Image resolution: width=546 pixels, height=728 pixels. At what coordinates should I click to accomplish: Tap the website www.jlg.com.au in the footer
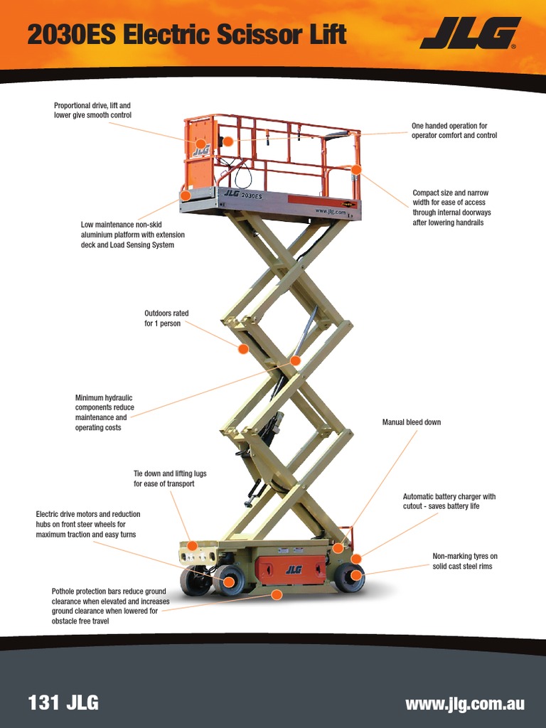click(464, 704)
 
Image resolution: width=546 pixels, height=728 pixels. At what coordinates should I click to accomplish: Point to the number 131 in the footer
click(43, 704)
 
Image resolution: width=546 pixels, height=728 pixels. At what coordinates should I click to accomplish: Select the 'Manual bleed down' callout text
click(411, 422)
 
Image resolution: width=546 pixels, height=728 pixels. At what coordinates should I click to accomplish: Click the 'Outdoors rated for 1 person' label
click(166, 318)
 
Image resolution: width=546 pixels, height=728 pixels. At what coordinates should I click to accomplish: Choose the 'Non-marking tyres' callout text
click(465, 561)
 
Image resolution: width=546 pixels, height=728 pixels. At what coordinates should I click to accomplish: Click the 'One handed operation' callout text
click(454, 131)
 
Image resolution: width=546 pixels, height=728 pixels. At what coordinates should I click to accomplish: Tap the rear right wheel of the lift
click(348, 577)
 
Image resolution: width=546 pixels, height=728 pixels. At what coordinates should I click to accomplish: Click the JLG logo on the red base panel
click(293, 569)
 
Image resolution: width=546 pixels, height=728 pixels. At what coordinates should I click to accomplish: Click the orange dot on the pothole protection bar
click(277, 594)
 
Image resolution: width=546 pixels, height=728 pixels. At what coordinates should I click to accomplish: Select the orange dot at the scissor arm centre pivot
click(295, 360)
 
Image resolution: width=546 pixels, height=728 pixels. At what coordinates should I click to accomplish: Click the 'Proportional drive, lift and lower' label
click(92, 110)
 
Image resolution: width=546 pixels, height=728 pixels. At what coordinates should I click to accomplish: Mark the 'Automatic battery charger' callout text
click(449, 501)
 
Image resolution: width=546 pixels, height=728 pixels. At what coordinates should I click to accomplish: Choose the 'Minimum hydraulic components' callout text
click(105, 412)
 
